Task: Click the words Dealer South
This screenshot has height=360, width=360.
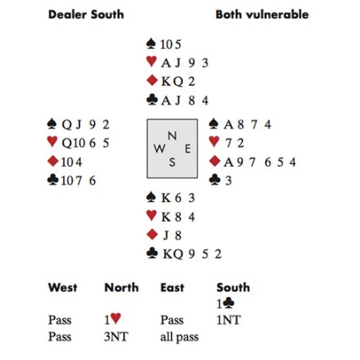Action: (x=86, y=15)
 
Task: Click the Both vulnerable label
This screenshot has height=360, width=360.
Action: (x=262, y=15)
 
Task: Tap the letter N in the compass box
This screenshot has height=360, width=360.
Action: (x=172, y=136)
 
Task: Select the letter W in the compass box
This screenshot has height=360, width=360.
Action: (x=160, y=149)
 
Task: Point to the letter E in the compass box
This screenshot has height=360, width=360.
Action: (x=187, y=149)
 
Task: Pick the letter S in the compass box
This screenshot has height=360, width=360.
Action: (x=172, y=163)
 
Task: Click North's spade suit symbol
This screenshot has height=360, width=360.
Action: (x=151, y=43)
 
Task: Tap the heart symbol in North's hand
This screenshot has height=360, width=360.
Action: (x=151, y=61)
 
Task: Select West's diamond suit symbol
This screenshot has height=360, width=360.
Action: (x=53, y=161)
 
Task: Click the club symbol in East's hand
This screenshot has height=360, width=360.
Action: (x=214, y=179)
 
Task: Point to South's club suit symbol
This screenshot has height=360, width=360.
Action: (x=152, y=253)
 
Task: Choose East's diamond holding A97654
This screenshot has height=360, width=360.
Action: (x=260, y=162)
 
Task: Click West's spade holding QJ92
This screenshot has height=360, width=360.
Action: (x=86, y=125)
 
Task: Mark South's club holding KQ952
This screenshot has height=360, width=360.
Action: (x=192, y=254)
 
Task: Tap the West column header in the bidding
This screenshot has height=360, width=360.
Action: (x=63, y=287)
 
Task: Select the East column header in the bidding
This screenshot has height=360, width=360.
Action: (x=173, y=287)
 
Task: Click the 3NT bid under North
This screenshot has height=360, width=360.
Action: (x=116, y=337)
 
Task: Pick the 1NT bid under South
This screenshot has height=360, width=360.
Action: (x=228, y=320)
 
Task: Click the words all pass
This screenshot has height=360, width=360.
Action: (x=179, y=337)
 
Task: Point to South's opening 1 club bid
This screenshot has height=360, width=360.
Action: (x=225, y=304)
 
